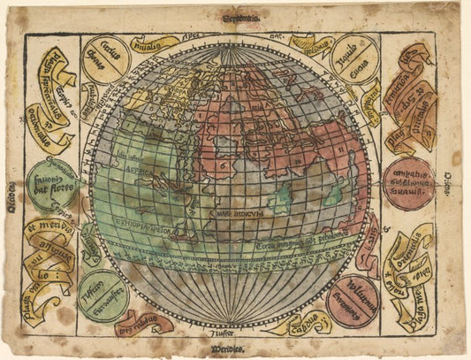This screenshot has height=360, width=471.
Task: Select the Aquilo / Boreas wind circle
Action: [354, 58]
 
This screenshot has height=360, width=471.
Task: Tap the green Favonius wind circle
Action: [51, 185]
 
